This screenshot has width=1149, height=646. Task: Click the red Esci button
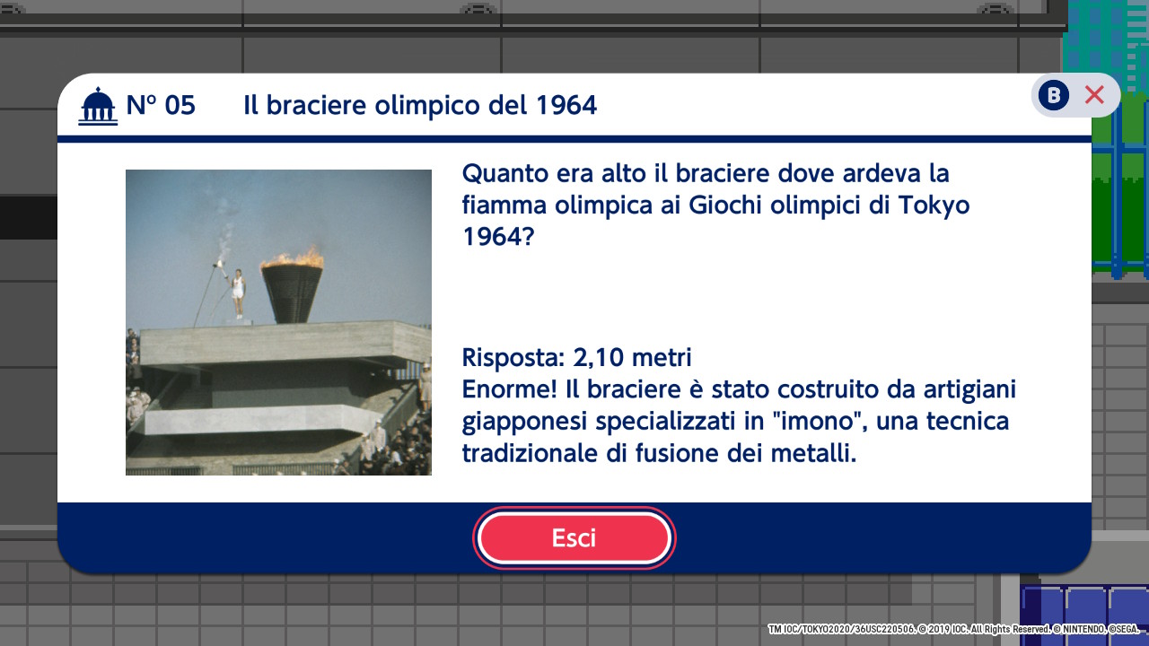tap(574, 537)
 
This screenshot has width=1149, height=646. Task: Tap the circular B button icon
tap(1054, 95)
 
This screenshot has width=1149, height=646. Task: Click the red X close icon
tap(1094, 95)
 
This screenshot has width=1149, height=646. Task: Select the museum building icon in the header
tap(98, 106)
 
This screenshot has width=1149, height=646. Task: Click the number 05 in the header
tap(180, 106)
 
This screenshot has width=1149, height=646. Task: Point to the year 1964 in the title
tap(566, 106)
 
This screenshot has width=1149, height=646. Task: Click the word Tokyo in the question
tap(934, 206)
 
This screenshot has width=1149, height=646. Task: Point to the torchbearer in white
tap(238, 293)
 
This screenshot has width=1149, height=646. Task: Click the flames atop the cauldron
tap(293, 258)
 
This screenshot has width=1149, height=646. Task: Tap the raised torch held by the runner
tap(219, 265)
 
